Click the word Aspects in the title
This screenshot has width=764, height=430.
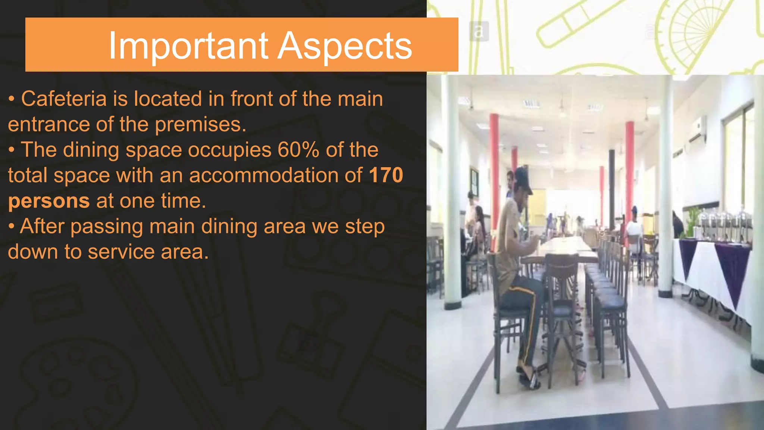click(345, 46)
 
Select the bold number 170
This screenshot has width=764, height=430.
click(386, 175)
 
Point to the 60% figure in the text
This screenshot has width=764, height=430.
click(298, 150)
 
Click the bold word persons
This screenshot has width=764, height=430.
click(49, 201)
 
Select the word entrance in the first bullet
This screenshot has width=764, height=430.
click(48, 124)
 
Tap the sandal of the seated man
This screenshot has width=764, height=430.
click(529, 381)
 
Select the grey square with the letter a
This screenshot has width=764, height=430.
click(479, 31)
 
